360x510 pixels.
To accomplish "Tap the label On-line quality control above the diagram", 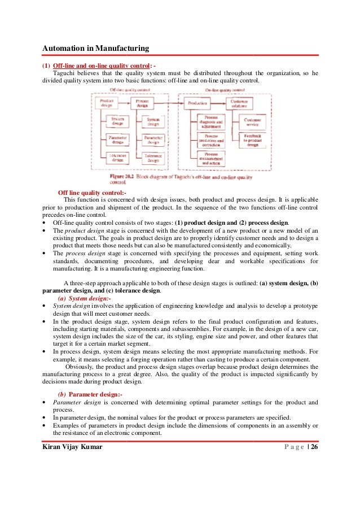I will tap(221, 90).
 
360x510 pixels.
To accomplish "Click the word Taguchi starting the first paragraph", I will tap(64, 73).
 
